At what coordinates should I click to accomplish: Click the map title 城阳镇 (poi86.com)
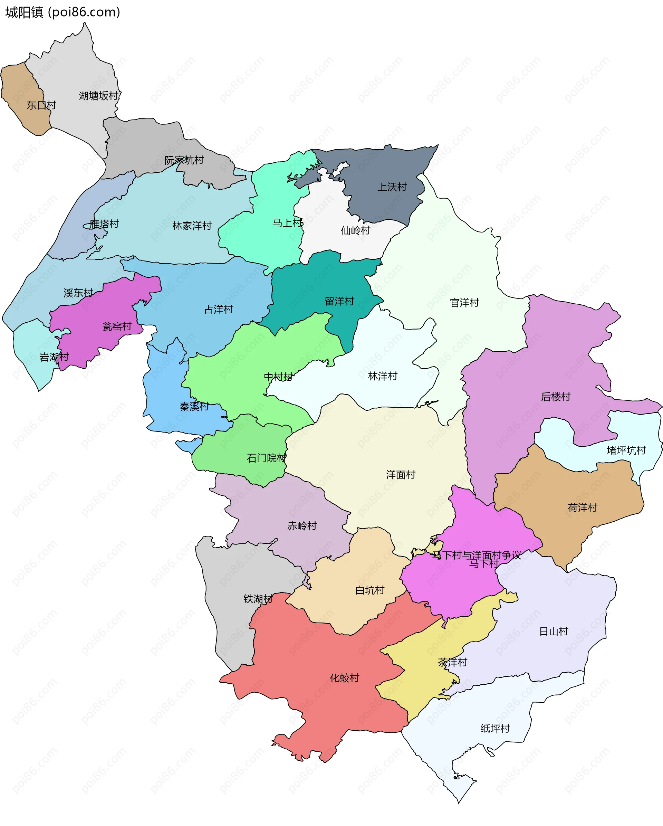pos(63,12)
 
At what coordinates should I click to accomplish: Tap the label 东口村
pos(41,105)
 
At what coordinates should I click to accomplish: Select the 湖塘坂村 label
pos(99,96)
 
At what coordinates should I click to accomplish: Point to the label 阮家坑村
pos(184,160)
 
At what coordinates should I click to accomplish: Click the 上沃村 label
pos(392,187)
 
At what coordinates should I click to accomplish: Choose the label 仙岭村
pos(355,230)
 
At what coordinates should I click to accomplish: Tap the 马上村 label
pos(287,222)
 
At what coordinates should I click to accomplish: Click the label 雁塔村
pos(104,224)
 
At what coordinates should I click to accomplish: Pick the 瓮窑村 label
pos(117,326)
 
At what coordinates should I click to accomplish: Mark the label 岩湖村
pos(54,357)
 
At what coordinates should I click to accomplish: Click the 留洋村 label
pos(339,301)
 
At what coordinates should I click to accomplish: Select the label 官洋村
pos(464,303)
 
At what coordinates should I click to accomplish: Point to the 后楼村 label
pos(555,397)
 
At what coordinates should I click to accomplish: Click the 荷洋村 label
pos(582,507)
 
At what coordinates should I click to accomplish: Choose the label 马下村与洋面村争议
pos(477,555)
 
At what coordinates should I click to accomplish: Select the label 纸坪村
pos(495,728)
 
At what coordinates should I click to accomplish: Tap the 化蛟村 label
pos(344,678)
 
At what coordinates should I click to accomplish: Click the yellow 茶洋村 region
pos(421,667)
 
